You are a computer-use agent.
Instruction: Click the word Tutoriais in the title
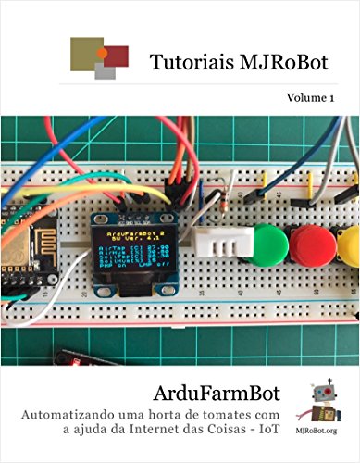pos(182,61)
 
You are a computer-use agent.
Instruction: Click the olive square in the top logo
pos(86,52)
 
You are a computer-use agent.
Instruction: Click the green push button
pos(269,246)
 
